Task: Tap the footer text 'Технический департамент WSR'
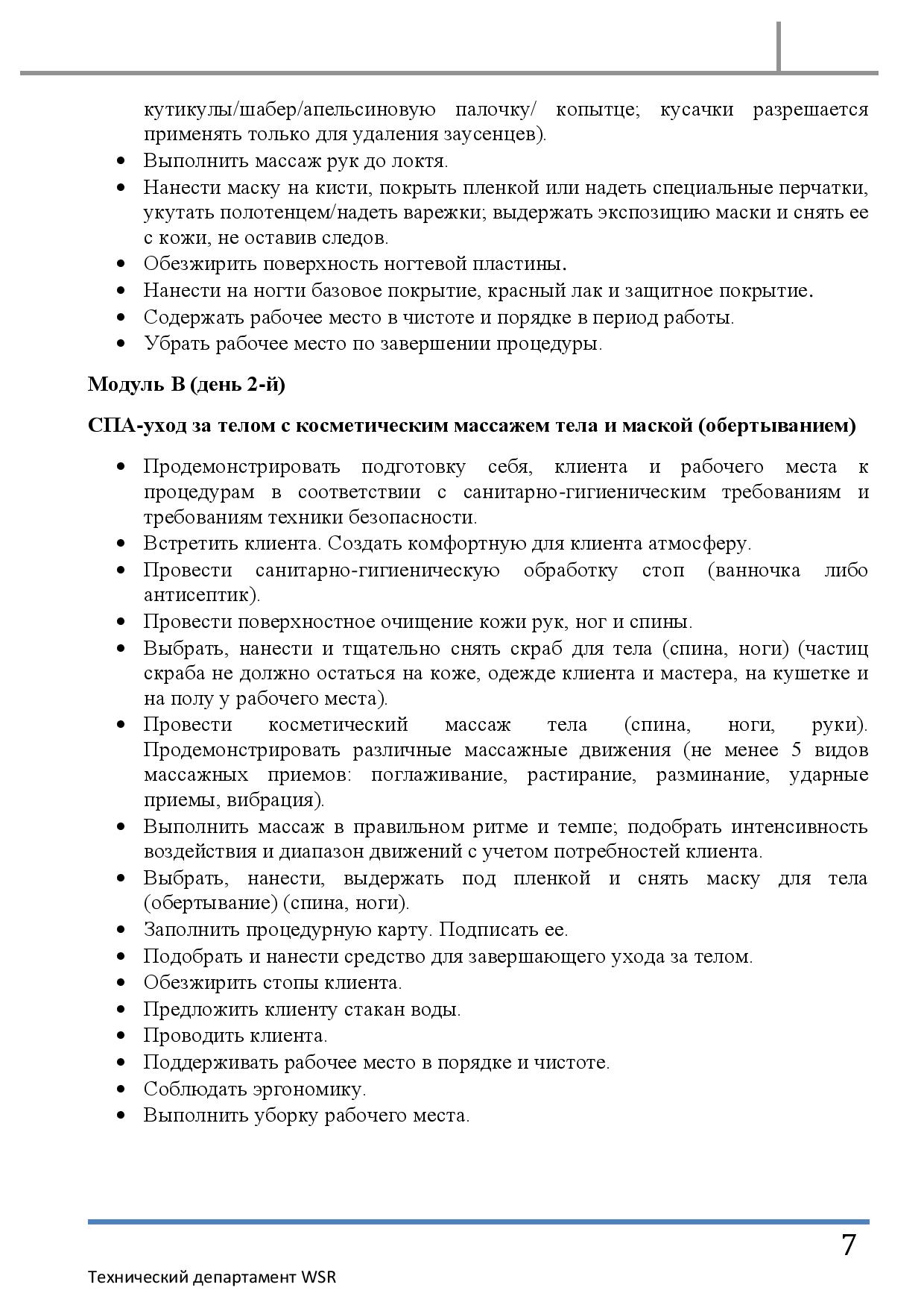tap(212, 1277)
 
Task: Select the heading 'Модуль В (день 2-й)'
tap(186, 384)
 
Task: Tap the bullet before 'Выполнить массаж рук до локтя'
tap(121, 161)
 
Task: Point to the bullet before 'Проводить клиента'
tap(121, 1036)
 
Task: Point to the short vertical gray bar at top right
tap(779, 46)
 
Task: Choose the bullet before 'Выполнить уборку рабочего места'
tap(121, 1116)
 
